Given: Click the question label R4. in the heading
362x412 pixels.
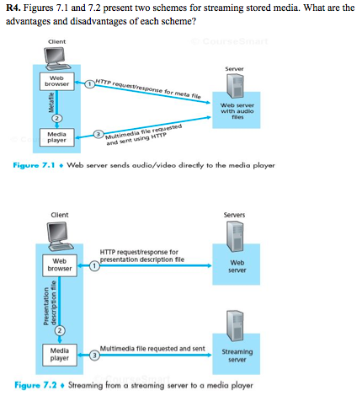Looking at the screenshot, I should [14, 8].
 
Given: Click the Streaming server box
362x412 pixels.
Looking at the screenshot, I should [237, 354].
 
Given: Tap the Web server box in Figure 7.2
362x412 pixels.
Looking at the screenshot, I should [237, 266].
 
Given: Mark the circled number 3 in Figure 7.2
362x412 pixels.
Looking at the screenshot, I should [94, 355].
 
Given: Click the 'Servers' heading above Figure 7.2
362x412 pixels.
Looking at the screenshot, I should [235, 216].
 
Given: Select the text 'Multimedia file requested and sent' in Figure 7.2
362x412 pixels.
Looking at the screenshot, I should [152, 347].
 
